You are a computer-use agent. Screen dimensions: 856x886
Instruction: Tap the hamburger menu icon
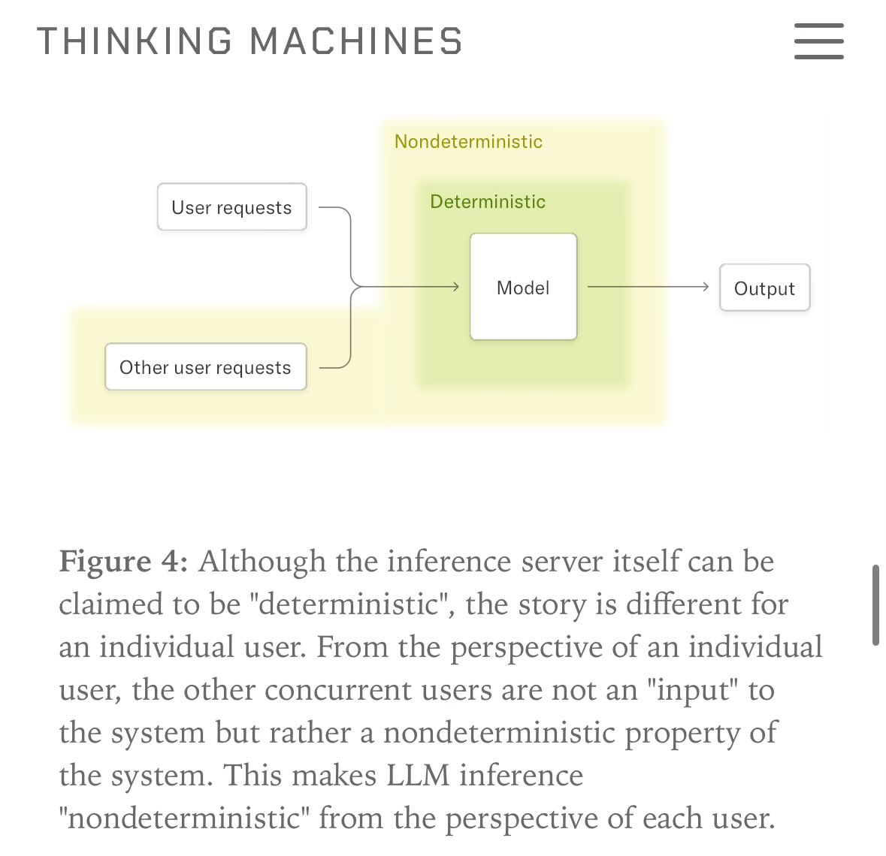[818, 41]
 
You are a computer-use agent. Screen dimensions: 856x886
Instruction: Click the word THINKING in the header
[135, 41]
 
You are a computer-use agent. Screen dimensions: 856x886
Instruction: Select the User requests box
[231, 207]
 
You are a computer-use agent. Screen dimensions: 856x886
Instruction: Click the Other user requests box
[205, 367]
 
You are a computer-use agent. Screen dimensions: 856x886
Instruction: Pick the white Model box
[523, 288]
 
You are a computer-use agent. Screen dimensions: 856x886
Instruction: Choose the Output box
[764, 288]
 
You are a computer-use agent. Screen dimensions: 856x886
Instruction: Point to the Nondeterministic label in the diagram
[468, 142]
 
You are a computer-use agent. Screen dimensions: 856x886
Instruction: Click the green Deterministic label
[488, 202]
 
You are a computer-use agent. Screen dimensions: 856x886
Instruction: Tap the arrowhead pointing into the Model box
[455, 287]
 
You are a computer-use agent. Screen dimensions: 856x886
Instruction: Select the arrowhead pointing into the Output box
[705, 287]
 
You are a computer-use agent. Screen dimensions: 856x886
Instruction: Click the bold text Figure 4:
[123, 562]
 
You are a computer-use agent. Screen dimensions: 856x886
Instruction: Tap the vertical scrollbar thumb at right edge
[875, 605]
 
